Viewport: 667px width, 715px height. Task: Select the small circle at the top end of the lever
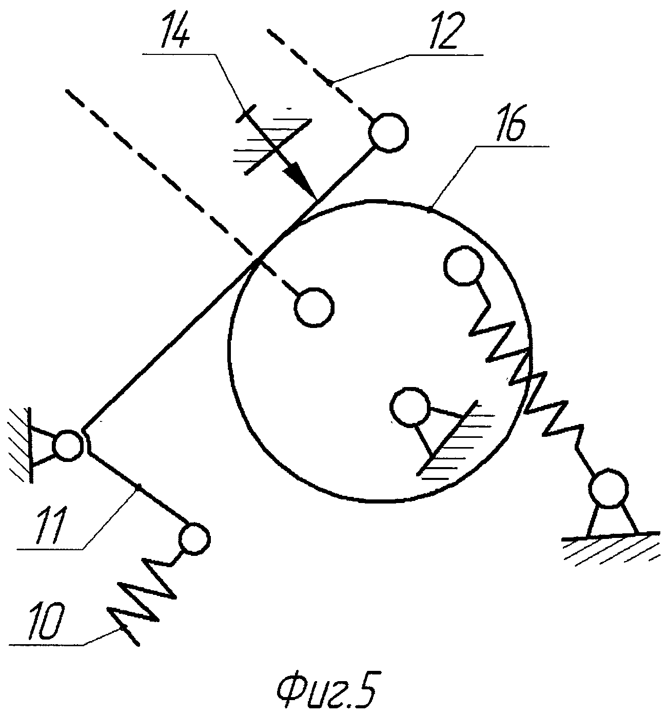pos(388,133)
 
